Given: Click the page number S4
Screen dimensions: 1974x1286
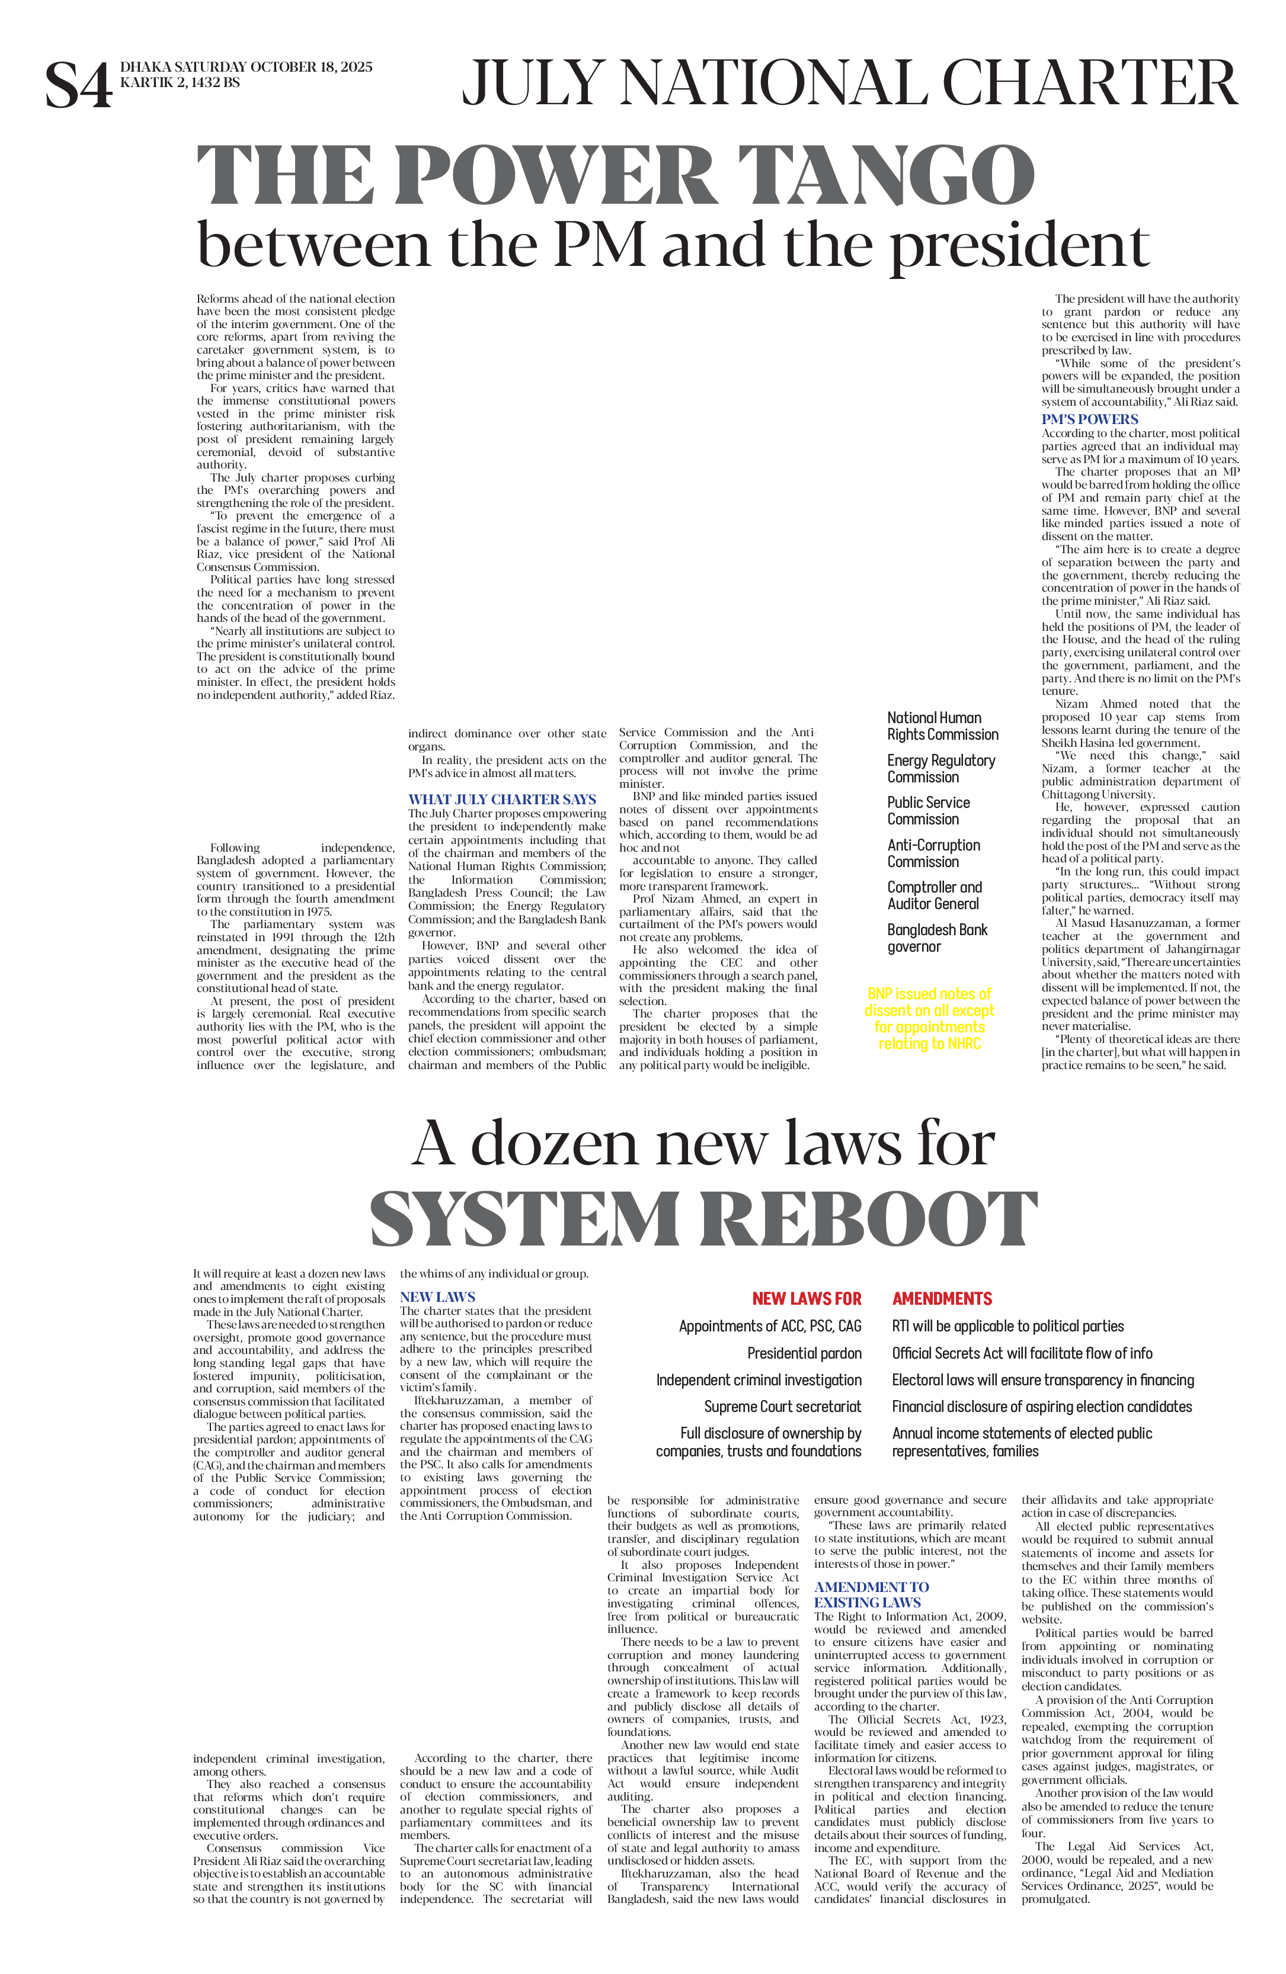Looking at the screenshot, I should pos(78,85).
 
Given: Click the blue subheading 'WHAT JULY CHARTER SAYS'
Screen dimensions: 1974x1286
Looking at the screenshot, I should pos(501,800).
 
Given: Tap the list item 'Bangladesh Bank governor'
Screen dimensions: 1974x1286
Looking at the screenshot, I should pos(937,938).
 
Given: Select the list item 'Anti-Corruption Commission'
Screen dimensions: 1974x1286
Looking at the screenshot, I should pos(933,853).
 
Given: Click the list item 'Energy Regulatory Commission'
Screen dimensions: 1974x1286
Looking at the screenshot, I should pos(941,769).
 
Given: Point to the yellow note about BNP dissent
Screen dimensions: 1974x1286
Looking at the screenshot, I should pos(929,1019).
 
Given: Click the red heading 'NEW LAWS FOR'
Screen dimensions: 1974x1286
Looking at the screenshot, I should pos(807,1299).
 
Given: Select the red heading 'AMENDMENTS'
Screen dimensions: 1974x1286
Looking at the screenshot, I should pos(942,1299).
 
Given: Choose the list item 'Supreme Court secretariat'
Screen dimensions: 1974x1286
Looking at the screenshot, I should pos(782,1407).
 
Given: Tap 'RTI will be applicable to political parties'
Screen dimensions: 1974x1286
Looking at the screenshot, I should pos(1007,1327).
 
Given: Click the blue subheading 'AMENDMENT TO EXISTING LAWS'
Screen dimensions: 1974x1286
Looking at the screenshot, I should pos(871,1594).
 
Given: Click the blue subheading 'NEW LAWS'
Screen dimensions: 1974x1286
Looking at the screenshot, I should pos(437,1297).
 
